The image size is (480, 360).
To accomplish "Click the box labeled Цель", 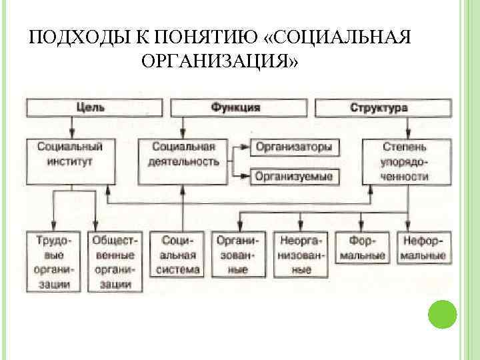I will (x=95, y=107).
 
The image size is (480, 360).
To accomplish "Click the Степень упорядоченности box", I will (x=405, y=161).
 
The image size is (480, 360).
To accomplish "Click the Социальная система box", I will (x=178, y=254).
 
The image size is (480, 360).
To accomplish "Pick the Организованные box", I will (x=237, y=254).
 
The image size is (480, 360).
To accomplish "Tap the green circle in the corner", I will (x=442, y=314).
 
